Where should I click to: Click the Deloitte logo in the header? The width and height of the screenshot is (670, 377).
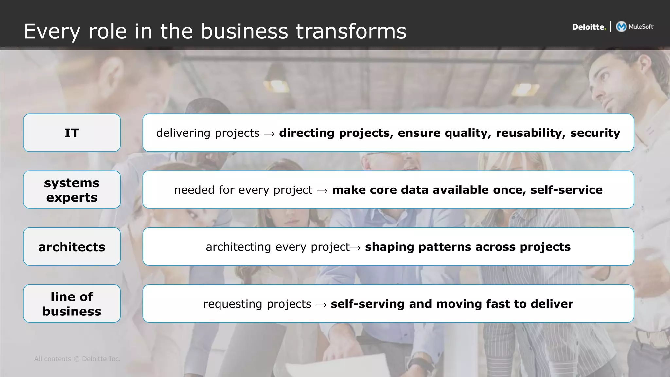(589, 27)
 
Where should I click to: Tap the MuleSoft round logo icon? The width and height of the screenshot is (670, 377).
(621, 27)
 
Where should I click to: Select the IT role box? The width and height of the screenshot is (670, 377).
(72, 133)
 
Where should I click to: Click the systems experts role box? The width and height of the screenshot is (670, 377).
(72, 189)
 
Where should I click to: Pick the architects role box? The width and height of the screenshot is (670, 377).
(72, 246)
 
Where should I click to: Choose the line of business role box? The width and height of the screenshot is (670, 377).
(72, 303)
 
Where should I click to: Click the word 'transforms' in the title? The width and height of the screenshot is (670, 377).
(351, 31)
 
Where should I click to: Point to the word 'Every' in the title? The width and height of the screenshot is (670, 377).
(52, 32)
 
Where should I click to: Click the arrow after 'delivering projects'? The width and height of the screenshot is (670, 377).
(269, 134)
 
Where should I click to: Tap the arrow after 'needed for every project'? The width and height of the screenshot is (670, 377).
(322, 190)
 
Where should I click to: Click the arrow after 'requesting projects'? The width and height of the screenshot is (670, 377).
(321, 304)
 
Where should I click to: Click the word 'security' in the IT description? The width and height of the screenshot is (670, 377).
(595, 133)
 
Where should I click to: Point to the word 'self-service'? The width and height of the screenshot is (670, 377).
(566, 190)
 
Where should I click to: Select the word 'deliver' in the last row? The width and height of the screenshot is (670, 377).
(552, 304)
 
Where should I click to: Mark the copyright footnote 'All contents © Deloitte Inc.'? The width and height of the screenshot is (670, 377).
(77, 359)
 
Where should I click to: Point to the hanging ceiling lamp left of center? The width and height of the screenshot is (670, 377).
(276, 79)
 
